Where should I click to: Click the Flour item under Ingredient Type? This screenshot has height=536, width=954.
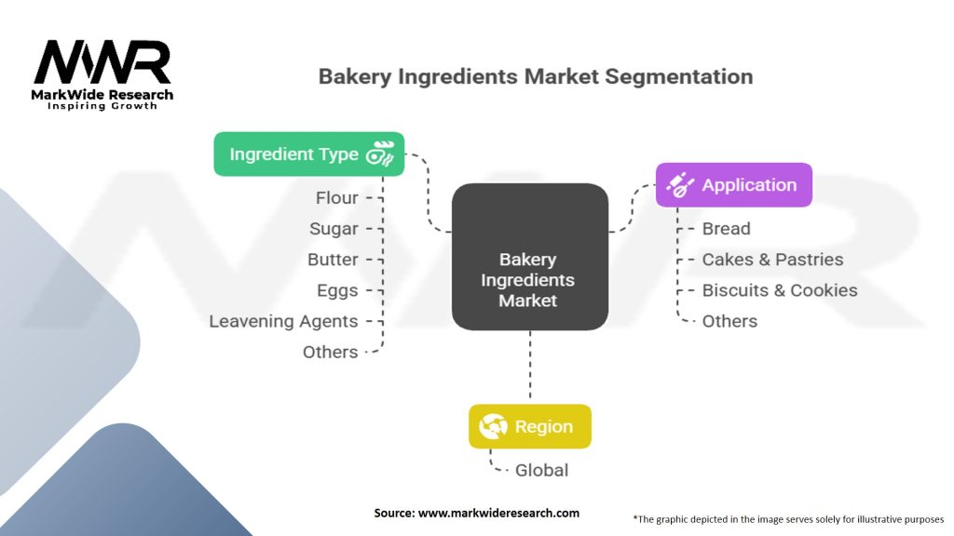click(x=336, y=197)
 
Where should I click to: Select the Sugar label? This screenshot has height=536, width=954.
click(x=334, y=228)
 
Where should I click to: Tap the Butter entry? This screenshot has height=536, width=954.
click(x=333, y=259)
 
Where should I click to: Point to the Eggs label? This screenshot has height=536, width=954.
click(x=337, y=290)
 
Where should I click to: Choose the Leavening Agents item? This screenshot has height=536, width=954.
click(x=283, y=321)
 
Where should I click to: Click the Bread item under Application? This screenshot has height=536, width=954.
click(x=726, y=228)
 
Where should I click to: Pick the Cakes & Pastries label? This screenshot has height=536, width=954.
click(x=772, y=259)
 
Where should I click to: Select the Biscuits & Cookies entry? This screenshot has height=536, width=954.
click(x=780, y=290)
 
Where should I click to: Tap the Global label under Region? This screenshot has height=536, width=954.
click(x=541, y=470)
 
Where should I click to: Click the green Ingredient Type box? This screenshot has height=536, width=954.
click(x=309, y=154)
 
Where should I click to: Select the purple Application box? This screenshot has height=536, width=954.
click(x=733, y=184)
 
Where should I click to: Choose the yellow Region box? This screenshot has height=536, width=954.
click(x=529, y=427)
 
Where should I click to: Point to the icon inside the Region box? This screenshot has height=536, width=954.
click(x=493, y=427)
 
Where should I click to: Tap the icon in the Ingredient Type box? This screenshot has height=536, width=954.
click(x=381, y=154)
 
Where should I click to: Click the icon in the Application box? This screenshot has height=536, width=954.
click(x=680, y=184)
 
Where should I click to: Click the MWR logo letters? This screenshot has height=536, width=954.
click(x=102, y=63)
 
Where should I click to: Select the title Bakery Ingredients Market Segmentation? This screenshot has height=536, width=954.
click(x=535, y=76)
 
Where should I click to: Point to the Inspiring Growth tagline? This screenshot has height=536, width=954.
click(x=102, y=106)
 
